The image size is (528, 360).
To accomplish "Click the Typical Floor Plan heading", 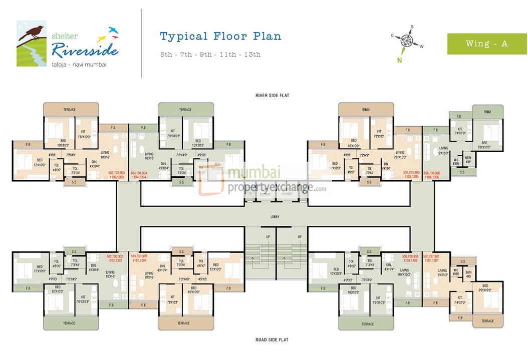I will coord(220,36).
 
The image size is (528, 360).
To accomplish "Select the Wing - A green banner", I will coord(486,44).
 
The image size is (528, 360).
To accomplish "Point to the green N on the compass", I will coord(400,60).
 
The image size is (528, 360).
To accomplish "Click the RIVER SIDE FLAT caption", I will coord(271,95).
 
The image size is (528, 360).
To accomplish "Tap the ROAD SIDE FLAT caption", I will coord(271,340).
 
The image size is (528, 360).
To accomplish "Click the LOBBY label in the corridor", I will coord(274,216).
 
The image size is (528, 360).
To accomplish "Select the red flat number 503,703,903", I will coord(117,172).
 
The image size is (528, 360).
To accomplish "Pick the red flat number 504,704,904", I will coord(141,172).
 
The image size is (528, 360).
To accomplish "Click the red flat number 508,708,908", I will coord(411,256).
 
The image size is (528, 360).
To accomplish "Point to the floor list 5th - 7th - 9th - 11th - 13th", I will coord(210,55).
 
